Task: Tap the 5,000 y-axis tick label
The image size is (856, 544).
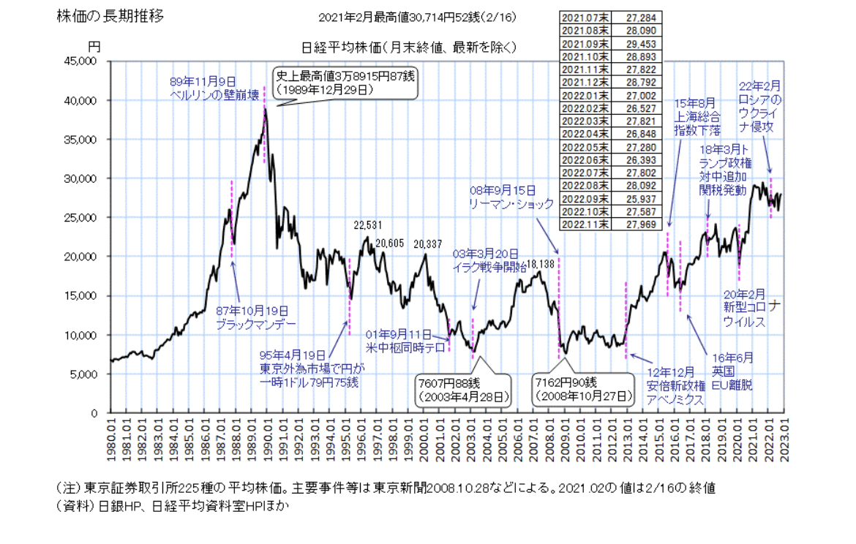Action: tap(89, 374)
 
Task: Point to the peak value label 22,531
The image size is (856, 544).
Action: tap(369, 224)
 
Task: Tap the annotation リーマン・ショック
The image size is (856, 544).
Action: tap(511, 204)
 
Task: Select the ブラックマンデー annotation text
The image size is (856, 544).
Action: tap(252, 322)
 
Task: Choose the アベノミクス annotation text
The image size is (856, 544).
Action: tap(675, 400)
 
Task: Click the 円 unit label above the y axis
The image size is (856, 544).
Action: tap(94, 45)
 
